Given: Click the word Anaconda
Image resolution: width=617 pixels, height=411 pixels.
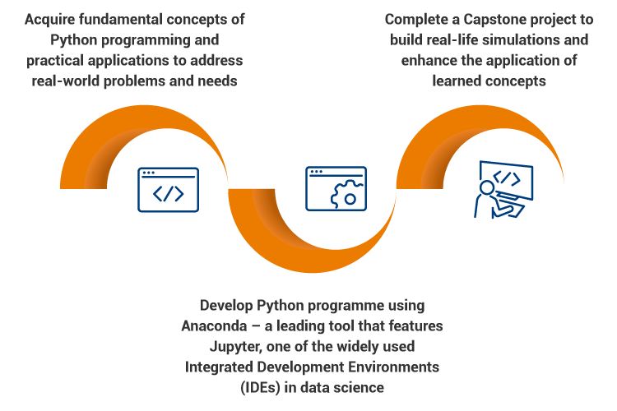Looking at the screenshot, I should point(213,326).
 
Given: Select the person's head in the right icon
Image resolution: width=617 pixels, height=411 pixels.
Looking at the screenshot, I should point(487,187).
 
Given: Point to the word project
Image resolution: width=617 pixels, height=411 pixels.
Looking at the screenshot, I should point(558,18).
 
